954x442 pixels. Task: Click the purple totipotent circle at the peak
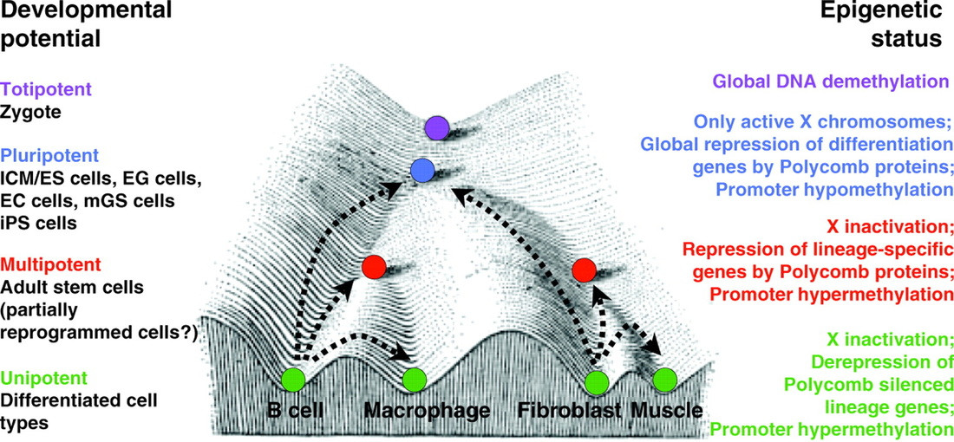[x=437, y=130]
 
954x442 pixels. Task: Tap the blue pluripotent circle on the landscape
[x=422, y=170]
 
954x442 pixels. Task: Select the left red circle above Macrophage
[x=375, y=266]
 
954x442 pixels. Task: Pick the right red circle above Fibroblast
[x=584, y=270]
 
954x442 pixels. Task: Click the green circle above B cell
[x=293, y=379]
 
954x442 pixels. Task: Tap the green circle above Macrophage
[x=414, y=379]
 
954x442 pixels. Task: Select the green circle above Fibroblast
[x=595, y=380]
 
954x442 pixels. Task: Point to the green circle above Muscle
[x=663, y=380]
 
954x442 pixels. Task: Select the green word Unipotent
[x=40, y=379]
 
